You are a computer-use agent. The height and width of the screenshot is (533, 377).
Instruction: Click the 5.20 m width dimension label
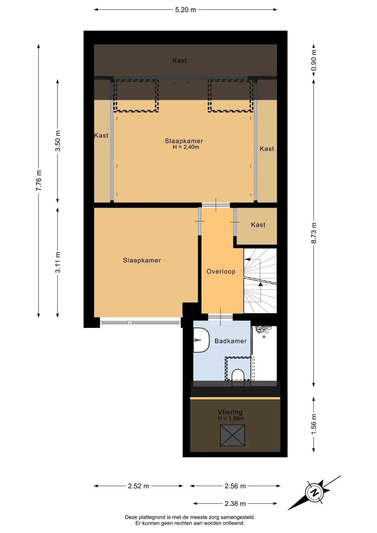(x=185, y=10)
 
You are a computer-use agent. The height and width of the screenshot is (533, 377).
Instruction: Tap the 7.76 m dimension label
(x=39, y=180)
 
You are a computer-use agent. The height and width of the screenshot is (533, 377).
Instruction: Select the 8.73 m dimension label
(x=314, y=233)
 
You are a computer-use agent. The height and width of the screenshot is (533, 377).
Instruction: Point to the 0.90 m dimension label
(x=314, y=60)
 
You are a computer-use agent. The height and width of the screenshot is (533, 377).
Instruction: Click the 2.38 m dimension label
(x=235, y=504)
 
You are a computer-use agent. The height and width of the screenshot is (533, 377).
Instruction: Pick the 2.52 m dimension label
(x=138, y=486)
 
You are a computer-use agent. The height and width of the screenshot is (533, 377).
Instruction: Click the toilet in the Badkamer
(x=238, y=375)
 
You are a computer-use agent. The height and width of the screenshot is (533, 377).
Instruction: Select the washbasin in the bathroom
(x=201, y=340)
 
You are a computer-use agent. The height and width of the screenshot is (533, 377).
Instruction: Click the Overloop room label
(x=221, y=271)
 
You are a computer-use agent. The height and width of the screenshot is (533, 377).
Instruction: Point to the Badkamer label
(x=230, y=341)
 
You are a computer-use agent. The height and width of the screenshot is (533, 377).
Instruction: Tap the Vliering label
(x=230, y=412)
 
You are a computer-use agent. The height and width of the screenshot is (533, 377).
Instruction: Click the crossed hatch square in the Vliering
(x=233, y=435)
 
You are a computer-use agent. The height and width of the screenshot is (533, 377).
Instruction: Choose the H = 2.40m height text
(x=186, y=147)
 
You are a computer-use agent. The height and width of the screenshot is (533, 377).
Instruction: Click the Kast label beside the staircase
(x=258, y=225)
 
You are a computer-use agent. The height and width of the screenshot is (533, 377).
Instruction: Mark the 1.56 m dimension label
(x=314, y=424)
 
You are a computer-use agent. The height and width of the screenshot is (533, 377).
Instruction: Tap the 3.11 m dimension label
(x=58, y=262)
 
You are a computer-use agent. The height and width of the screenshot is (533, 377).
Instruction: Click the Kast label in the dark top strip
(x=179, y=61)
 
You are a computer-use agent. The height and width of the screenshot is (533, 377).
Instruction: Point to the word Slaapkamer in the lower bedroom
(x=142, y=260)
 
